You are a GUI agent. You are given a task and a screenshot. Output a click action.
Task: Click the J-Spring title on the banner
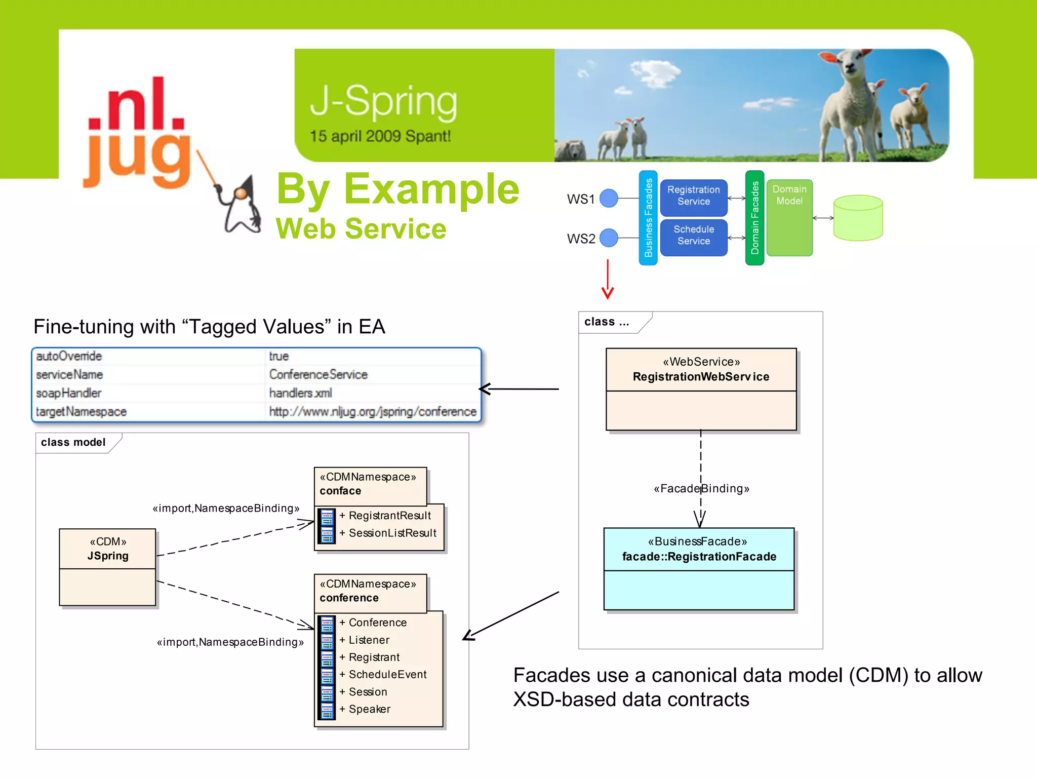[383, 102]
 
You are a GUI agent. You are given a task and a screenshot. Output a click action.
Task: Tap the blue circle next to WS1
[609, 198]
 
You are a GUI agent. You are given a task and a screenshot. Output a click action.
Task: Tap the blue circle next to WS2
[609, 238]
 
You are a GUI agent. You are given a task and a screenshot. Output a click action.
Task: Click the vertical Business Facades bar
[648, 218]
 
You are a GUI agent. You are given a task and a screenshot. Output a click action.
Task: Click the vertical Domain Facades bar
[754, 218]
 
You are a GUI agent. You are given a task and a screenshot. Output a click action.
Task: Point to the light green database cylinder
[858, 218]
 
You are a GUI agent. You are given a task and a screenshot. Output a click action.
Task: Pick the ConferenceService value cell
[318, 374]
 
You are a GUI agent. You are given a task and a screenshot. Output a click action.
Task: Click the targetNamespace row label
[82, 411]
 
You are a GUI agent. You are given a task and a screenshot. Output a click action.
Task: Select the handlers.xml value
[301, 393]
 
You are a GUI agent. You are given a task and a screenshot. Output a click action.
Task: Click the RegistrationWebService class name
[701, 377]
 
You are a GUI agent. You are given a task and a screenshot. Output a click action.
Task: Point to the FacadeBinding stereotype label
[701, 489]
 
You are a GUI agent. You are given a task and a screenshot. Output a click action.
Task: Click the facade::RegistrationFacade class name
[699, 557]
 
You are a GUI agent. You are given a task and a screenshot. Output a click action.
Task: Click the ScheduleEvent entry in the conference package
[387, 675]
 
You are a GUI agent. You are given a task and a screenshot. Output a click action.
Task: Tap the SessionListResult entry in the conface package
[392, 533]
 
